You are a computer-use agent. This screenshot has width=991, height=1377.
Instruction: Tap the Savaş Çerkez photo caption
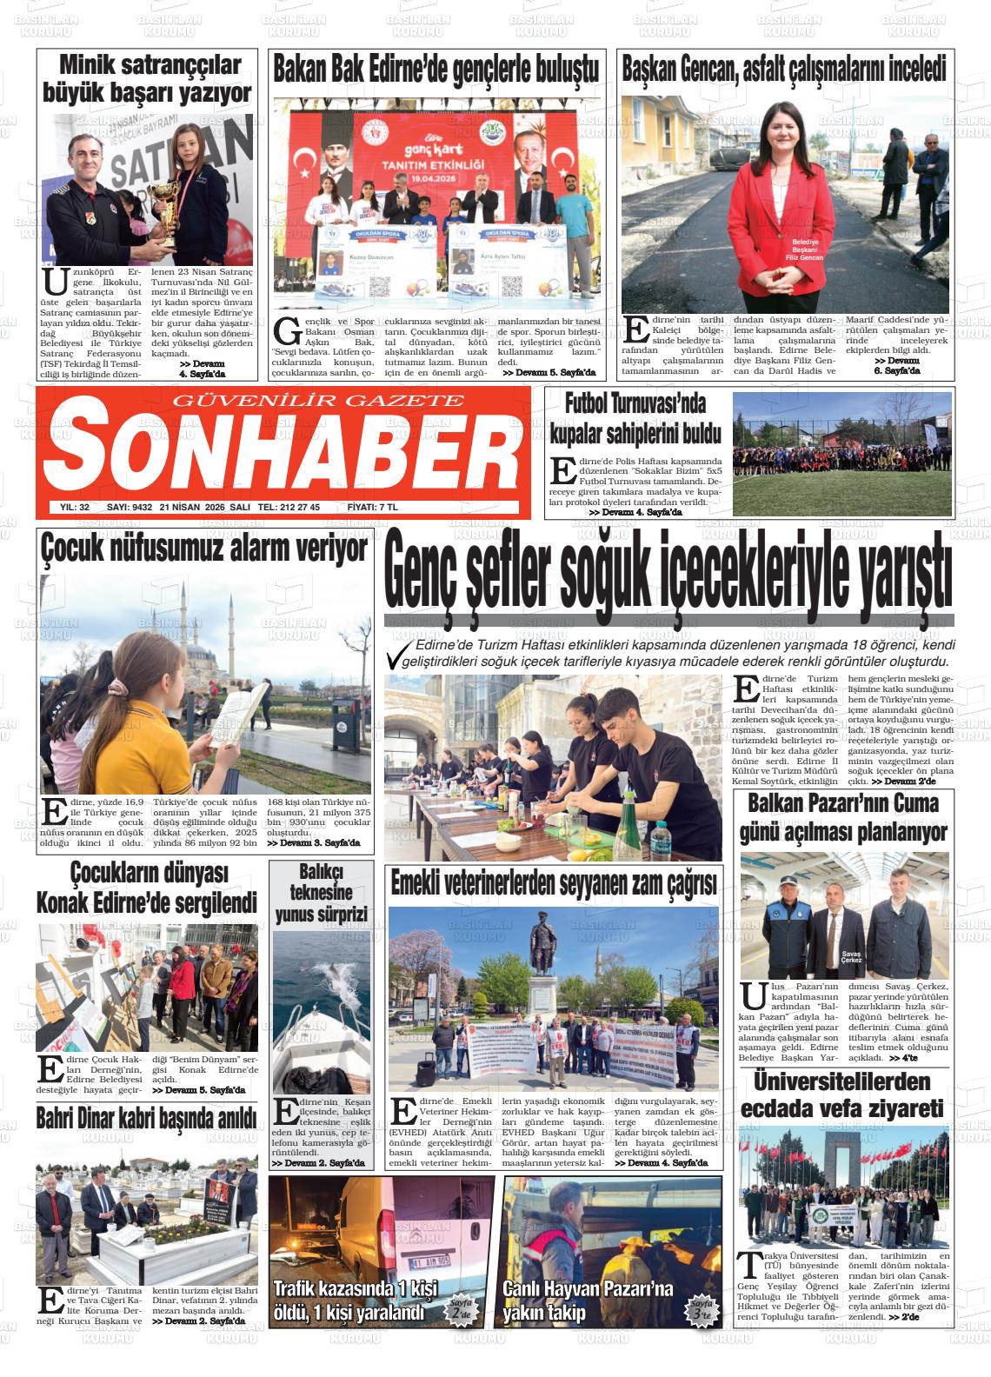851,958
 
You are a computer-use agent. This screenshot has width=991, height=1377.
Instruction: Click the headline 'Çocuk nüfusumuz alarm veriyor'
204,549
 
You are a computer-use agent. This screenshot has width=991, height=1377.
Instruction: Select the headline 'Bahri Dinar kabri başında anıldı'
147,1117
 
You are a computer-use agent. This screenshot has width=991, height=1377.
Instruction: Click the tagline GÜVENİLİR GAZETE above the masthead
319,400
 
